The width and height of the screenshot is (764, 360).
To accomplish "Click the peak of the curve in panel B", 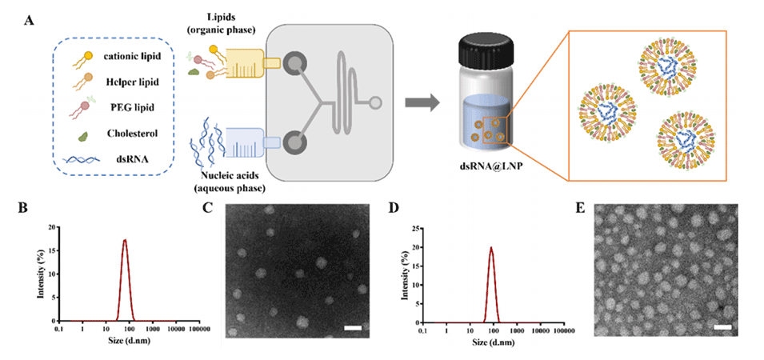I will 125,239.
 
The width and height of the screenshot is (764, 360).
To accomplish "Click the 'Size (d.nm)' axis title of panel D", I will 494,342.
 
